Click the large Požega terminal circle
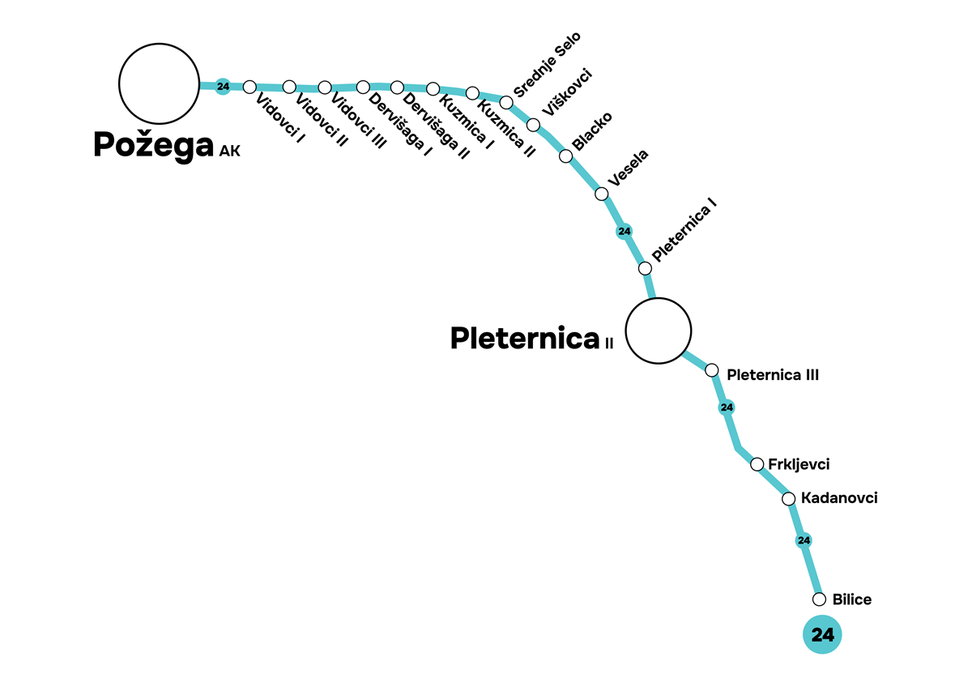[159, 83]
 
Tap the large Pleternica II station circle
[659, 331]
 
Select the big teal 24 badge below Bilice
[822, 634]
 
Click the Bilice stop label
[851, 600]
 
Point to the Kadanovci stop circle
[788, 498]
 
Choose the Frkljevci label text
[799, 464]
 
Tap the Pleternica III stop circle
[712, 370]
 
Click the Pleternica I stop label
[685, 234]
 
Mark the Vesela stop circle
[601, 194]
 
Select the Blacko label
[592, 132]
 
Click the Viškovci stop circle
[533, 125]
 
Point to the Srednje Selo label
[548, 66]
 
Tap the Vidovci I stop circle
[249, 87]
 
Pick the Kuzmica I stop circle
[433, 88]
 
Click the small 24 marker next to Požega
[224, 87]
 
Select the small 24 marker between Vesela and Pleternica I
[624, 232]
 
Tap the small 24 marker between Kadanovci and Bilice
[804, 540]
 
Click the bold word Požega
[154, 145]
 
